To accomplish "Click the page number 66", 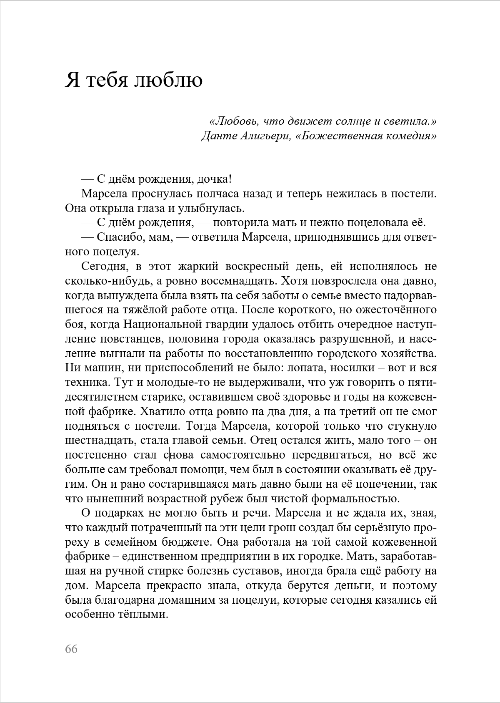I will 71,649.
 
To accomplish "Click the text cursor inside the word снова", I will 169,454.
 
